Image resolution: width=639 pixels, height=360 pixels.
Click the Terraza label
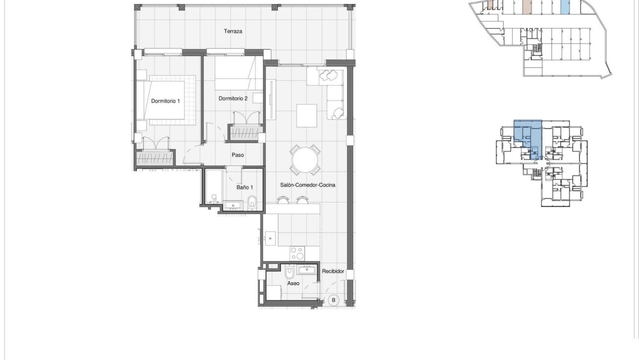pos(233,31)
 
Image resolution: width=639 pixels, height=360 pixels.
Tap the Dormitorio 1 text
pos(165,101)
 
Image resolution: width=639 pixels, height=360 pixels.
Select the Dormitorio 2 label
pos(233,99)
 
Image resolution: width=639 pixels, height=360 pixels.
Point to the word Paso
pos(238,155)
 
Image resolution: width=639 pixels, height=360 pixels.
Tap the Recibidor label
pos(333,271)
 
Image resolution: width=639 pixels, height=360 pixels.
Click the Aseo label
pos(293,283)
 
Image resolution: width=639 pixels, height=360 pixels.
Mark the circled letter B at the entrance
pos(333,300)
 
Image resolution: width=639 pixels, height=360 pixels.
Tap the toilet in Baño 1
pos(252,201)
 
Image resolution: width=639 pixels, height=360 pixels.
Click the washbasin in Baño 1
pos(232,205)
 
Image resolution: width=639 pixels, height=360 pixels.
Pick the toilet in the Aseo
pos(290,272)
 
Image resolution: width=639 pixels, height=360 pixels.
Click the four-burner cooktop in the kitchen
pos(297,253)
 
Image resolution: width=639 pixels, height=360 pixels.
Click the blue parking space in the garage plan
pos(565,6)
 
